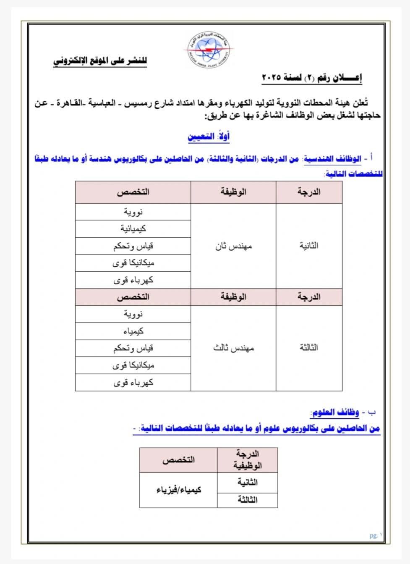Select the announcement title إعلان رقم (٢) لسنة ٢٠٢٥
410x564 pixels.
tap(312, 77)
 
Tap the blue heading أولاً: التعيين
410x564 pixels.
tap(209, 136)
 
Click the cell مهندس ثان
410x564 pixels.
tap(233, 246)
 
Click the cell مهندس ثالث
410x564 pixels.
tap(233, 348)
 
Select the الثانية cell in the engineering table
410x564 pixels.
tap(309, 246)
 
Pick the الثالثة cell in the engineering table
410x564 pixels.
tap(309, 348)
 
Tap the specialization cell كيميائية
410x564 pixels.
tap(133, 229)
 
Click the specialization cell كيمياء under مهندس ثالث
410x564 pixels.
tap(133, 331)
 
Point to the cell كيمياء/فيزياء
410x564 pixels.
tap(179, 490)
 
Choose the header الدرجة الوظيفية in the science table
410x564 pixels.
tap(248, 459)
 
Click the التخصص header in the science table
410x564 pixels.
tap(178, 460)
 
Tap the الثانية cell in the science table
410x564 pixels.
tap(248, 483)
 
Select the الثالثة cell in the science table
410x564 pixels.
tap(248, 500)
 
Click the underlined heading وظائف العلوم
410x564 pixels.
tap(335, 413)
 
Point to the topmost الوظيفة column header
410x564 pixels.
tap(233, 192)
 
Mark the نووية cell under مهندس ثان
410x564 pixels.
tap(133, 212)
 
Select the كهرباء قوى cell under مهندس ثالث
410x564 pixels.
tap(133, 383)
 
